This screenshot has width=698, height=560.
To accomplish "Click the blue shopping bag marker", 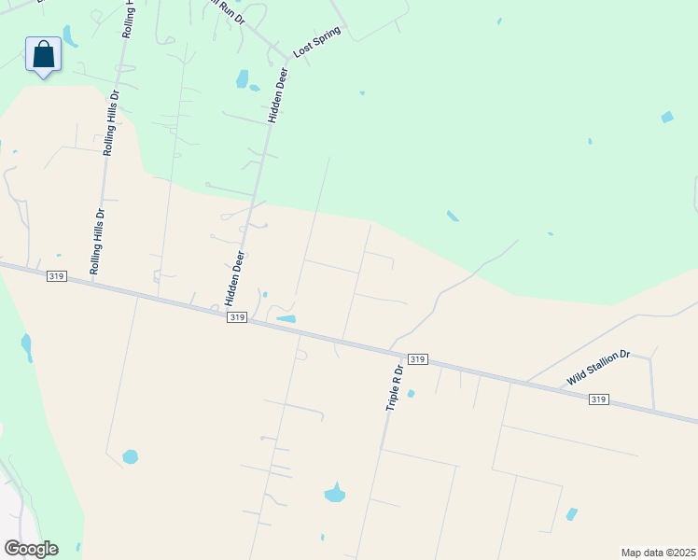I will click(43, 54).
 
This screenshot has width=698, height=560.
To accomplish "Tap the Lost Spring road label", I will click(317, 42).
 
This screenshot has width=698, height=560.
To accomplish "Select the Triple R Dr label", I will click(394, 388).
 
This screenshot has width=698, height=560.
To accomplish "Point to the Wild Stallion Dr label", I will click(599, 368).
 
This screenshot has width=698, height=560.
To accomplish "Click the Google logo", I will click(30, 549).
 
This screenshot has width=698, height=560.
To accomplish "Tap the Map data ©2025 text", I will click(659, 553).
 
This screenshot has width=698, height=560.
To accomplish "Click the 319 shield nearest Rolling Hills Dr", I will click(55, 275).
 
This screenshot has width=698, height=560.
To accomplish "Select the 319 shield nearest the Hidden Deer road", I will click(237, 317).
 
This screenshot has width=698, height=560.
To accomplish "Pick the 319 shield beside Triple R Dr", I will click(417, 358).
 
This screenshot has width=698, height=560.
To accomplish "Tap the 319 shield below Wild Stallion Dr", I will click(599, 399).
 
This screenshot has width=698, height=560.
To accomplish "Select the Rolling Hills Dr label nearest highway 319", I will click(98, 241).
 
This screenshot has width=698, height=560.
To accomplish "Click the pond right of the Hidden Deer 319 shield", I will click(286, 319).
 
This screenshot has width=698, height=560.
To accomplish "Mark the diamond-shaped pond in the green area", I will click(666, 117).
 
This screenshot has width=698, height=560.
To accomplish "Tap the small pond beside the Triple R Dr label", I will click(411, 393).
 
